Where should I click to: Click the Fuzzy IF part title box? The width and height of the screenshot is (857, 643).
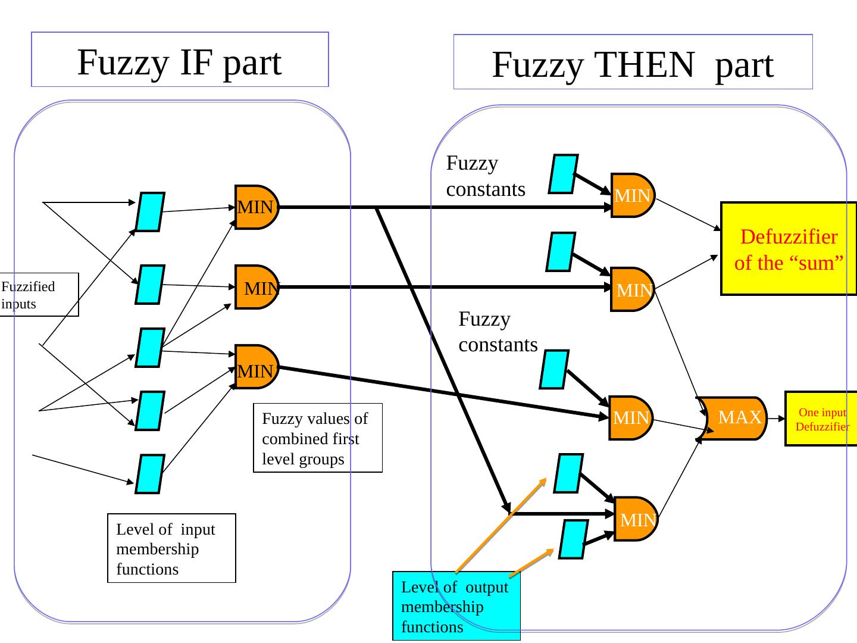click(180, 60)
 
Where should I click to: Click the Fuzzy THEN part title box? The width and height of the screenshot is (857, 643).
click(633, 62)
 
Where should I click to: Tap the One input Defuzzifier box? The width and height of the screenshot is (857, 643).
click(822, 419)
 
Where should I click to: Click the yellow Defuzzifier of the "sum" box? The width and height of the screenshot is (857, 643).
click(789, 249)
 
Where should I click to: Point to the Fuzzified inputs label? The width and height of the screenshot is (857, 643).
click(39, 294)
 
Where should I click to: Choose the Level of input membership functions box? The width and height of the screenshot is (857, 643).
click(171, 548)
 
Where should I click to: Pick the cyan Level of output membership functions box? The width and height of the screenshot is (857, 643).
click(456, 606)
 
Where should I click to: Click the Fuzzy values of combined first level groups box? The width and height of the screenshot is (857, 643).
click(317, 438)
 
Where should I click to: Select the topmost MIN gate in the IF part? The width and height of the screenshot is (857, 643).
click(256, 207)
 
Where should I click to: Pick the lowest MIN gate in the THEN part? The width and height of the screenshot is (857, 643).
click(635, 519)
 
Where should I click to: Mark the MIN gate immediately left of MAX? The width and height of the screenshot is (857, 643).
click(630, 418)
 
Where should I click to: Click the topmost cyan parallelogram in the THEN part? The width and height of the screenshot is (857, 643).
click(564, 174)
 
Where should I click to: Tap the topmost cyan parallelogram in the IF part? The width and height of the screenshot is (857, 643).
click(150, 211)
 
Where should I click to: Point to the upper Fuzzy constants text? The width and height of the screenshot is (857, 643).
click(485, 176)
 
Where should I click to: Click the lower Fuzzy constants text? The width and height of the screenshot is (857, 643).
click(498, 332)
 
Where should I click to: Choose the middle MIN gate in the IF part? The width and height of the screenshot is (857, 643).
click(257, 287)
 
